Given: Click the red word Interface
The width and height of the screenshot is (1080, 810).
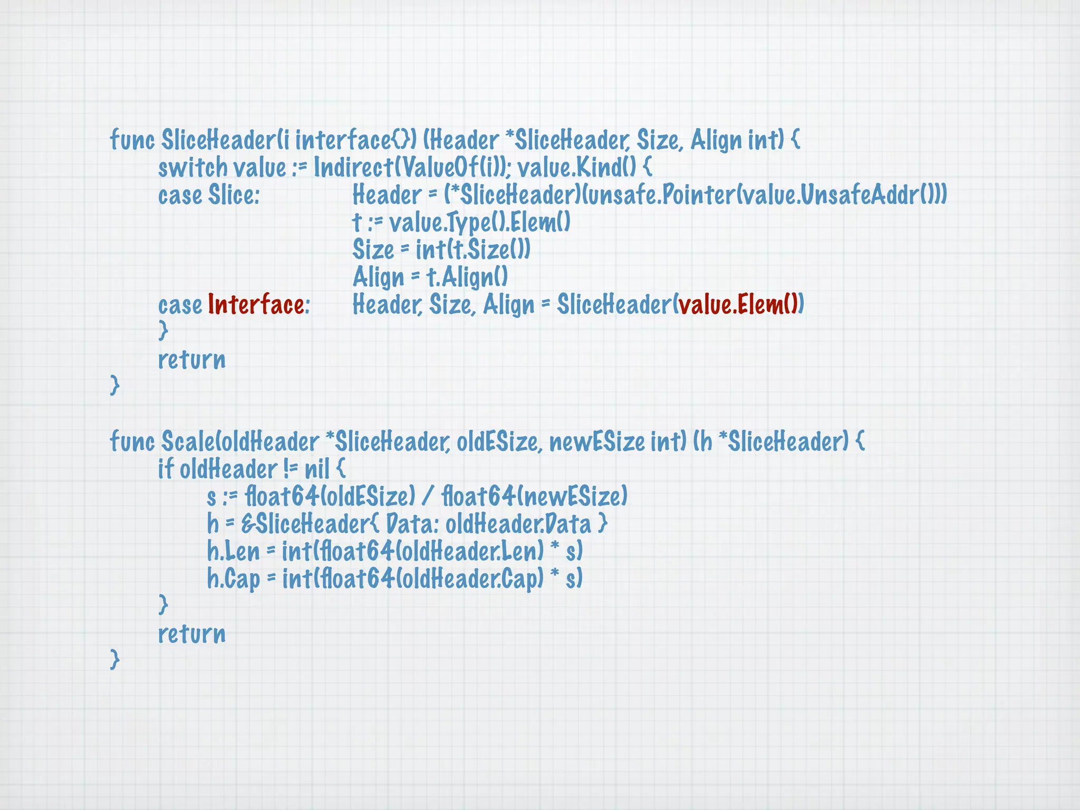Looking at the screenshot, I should pos(256,305).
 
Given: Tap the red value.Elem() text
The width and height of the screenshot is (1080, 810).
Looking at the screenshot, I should pos(738,305).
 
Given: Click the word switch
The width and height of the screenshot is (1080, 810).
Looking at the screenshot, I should pos(192,168).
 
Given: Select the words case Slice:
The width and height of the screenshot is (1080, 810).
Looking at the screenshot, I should pos(209,195).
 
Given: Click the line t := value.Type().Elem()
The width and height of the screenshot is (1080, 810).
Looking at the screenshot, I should pos(461,223).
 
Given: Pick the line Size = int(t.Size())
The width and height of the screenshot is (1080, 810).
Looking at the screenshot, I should pos(441,250).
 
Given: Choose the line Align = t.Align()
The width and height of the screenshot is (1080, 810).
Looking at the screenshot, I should pos(430,277).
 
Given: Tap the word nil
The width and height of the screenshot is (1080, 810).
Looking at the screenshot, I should pos(317,469).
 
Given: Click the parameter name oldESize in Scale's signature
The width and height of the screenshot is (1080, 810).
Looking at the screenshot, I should pos(498,442).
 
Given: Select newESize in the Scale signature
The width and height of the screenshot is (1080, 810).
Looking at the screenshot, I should pos(597,442).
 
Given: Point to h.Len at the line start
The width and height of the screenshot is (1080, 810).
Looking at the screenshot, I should pos(233,552).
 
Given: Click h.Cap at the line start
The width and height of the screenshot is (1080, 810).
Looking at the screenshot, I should pos(233,580).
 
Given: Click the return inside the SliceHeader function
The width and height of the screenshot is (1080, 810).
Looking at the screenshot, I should pos(192,360).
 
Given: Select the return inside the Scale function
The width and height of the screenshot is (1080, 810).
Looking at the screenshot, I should pos(192,634).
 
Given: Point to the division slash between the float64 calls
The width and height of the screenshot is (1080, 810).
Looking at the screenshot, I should pos(428,497).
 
